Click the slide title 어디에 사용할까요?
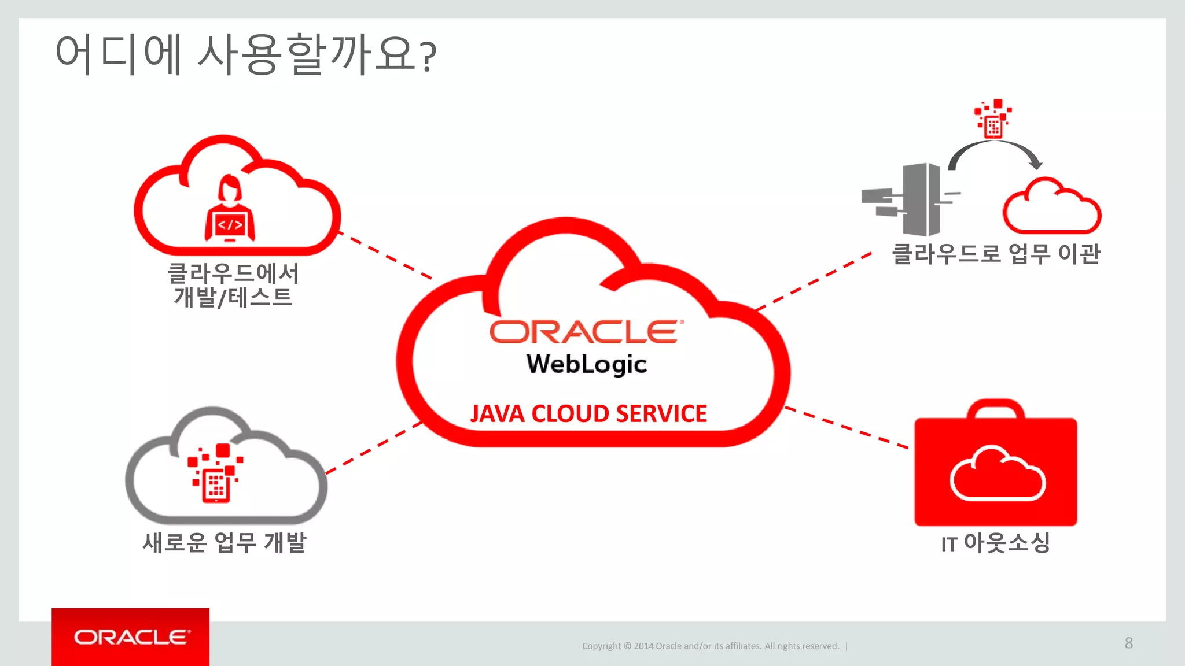coord(245,54)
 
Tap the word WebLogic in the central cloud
coord(586,364)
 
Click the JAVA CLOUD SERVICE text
coord(588,414)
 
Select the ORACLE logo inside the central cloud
coord(586,332)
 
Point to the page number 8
coord(1128,643)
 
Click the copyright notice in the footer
coord(711,646)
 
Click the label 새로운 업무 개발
coord(225,542)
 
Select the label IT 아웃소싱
coord(995,543)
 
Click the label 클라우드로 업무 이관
coord(996,254)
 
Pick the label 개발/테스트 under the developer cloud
coord(233,298)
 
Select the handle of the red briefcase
coord(995,408)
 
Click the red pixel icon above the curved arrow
coord(993,119)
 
